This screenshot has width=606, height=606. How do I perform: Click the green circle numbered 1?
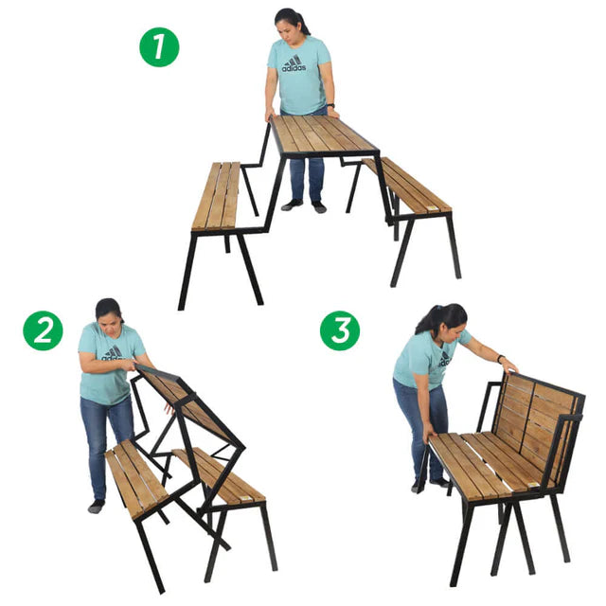point(159,46)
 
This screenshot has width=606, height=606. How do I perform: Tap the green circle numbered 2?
point(43,330)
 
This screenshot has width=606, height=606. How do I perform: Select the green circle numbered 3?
point(339,330)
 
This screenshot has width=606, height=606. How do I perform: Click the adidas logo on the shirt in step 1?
point(294,64)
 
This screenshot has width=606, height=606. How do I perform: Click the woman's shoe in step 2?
point(96,507)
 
